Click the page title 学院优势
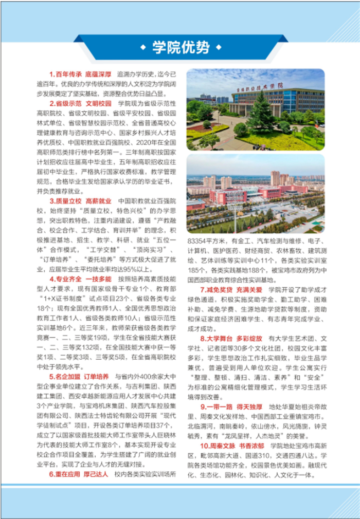click(x=181, y=48)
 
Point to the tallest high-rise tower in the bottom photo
click(x=276, y=178)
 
